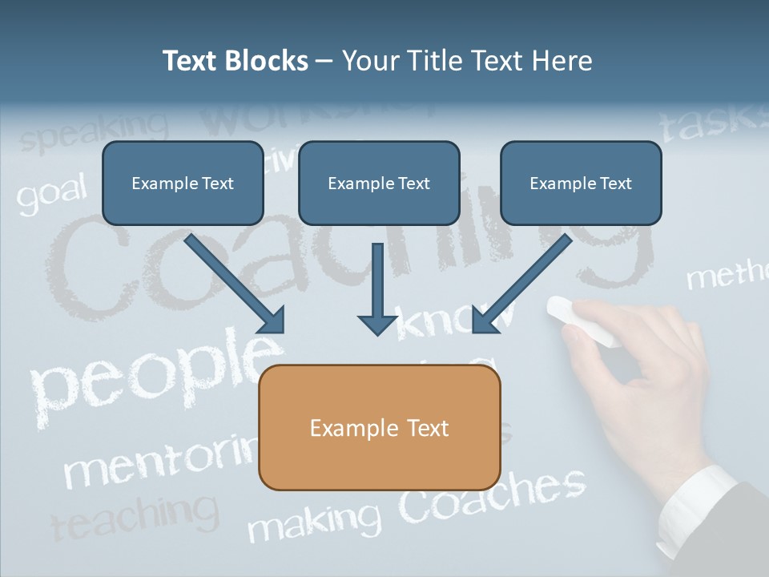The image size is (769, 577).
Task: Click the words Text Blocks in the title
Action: [235, 61]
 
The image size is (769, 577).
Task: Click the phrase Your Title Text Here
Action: [467, 61]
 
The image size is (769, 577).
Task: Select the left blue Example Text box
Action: [183, 184]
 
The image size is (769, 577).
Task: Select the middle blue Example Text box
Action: [379, 184]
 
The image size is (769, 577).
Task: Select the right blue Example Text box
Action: [581, 184]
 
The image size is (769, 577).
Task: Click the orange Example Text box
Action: [380, 428]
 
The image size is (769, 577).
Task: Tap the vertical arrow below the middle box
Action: [377, 288]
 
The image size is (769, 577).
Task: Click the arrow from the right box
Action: [522, 284]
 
